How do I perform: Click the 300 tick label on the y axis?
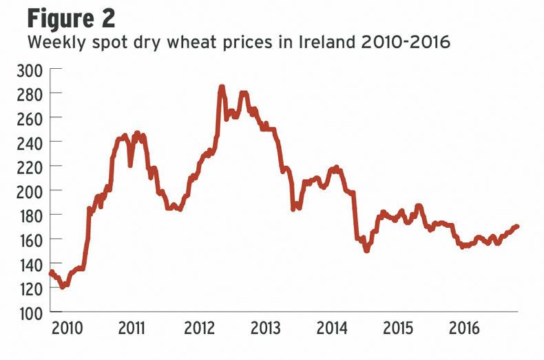pyautogui.click(x=30, y=70)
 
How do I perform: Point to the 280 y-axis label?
pyautogui.click(x=30, y=94)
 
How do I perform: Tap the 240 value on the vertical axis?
pyautogui.click(x=30, y=142)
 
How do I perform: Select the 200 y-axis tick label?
pyautogui.click(x=30, y=191)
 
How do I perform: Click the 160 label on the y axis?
pyautogui.click(x=30, y=240)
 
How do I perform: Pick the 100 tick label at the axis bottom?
pyautogui.click(x=30, y=313)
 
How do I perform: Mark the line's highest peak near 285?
pyautogui.click(x=222, y=87)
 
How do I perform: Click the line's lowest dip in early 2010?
pyautogui.click(x=63, y=286)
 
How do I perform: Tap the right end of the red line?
pyautogui.click(x=517, y=226)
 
